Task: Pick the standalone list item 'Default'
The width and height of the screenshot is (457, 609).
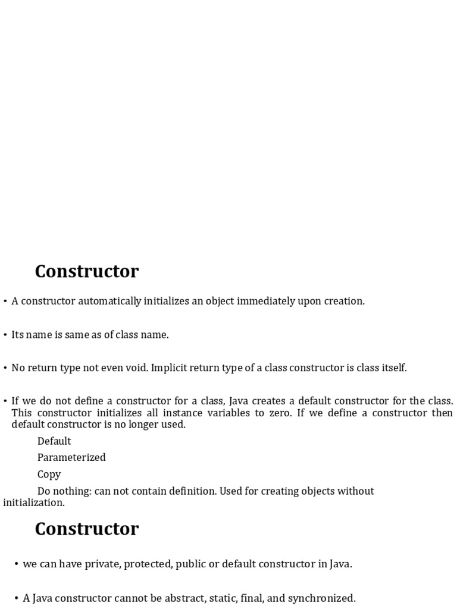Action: tap(54, 441)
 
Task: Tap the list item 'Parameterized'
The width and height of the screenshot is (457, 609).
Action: tap(71, 457)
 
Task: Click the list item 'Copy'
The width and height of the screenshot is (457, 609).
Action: tap(49, 475)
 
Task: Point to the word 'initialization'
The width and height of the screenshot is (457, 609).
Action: tap(33, 503)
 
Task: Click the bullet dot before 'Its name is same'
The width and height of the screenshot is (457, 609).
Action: tap(5, 335)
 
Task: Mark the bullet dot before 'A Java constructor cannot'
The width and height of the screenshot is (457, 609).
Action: tap(17, 598)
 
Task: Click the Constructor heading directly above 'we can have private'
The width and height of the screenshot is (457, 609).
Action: tap(87, 529)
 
